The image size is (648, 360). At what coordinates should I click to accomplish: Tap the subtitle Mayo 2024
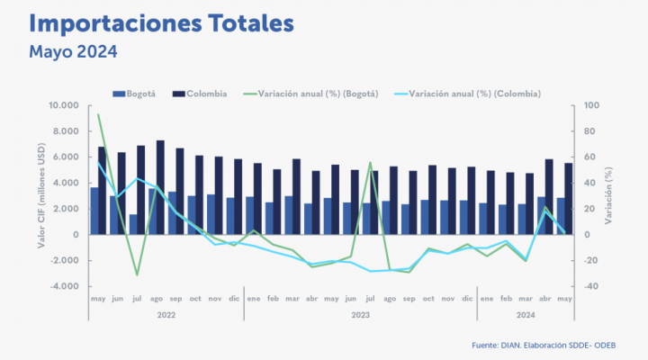pos(73,51)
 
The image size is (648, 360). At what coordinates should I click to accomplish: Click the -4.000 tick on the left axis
pos(65,287)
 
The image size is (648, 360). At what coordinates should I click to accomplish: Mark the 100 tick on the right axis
pos(590,106)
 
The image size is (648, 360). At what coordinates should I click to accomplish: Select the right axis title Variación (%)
pos(613,196)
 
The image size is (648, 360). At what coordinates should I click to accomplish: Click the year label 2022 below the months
pos(165,316)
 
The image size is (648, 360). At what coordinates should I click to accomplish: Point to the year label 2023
pos(359,316)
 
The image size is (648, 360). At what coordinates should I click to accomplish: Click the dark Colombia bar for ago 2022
pos(160,187)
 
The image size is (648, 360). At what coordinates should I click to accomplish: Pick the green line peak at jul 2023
pos(370,163)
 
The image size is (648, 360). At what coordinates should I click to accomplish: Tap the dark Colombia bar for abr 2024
pos(549,197)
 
